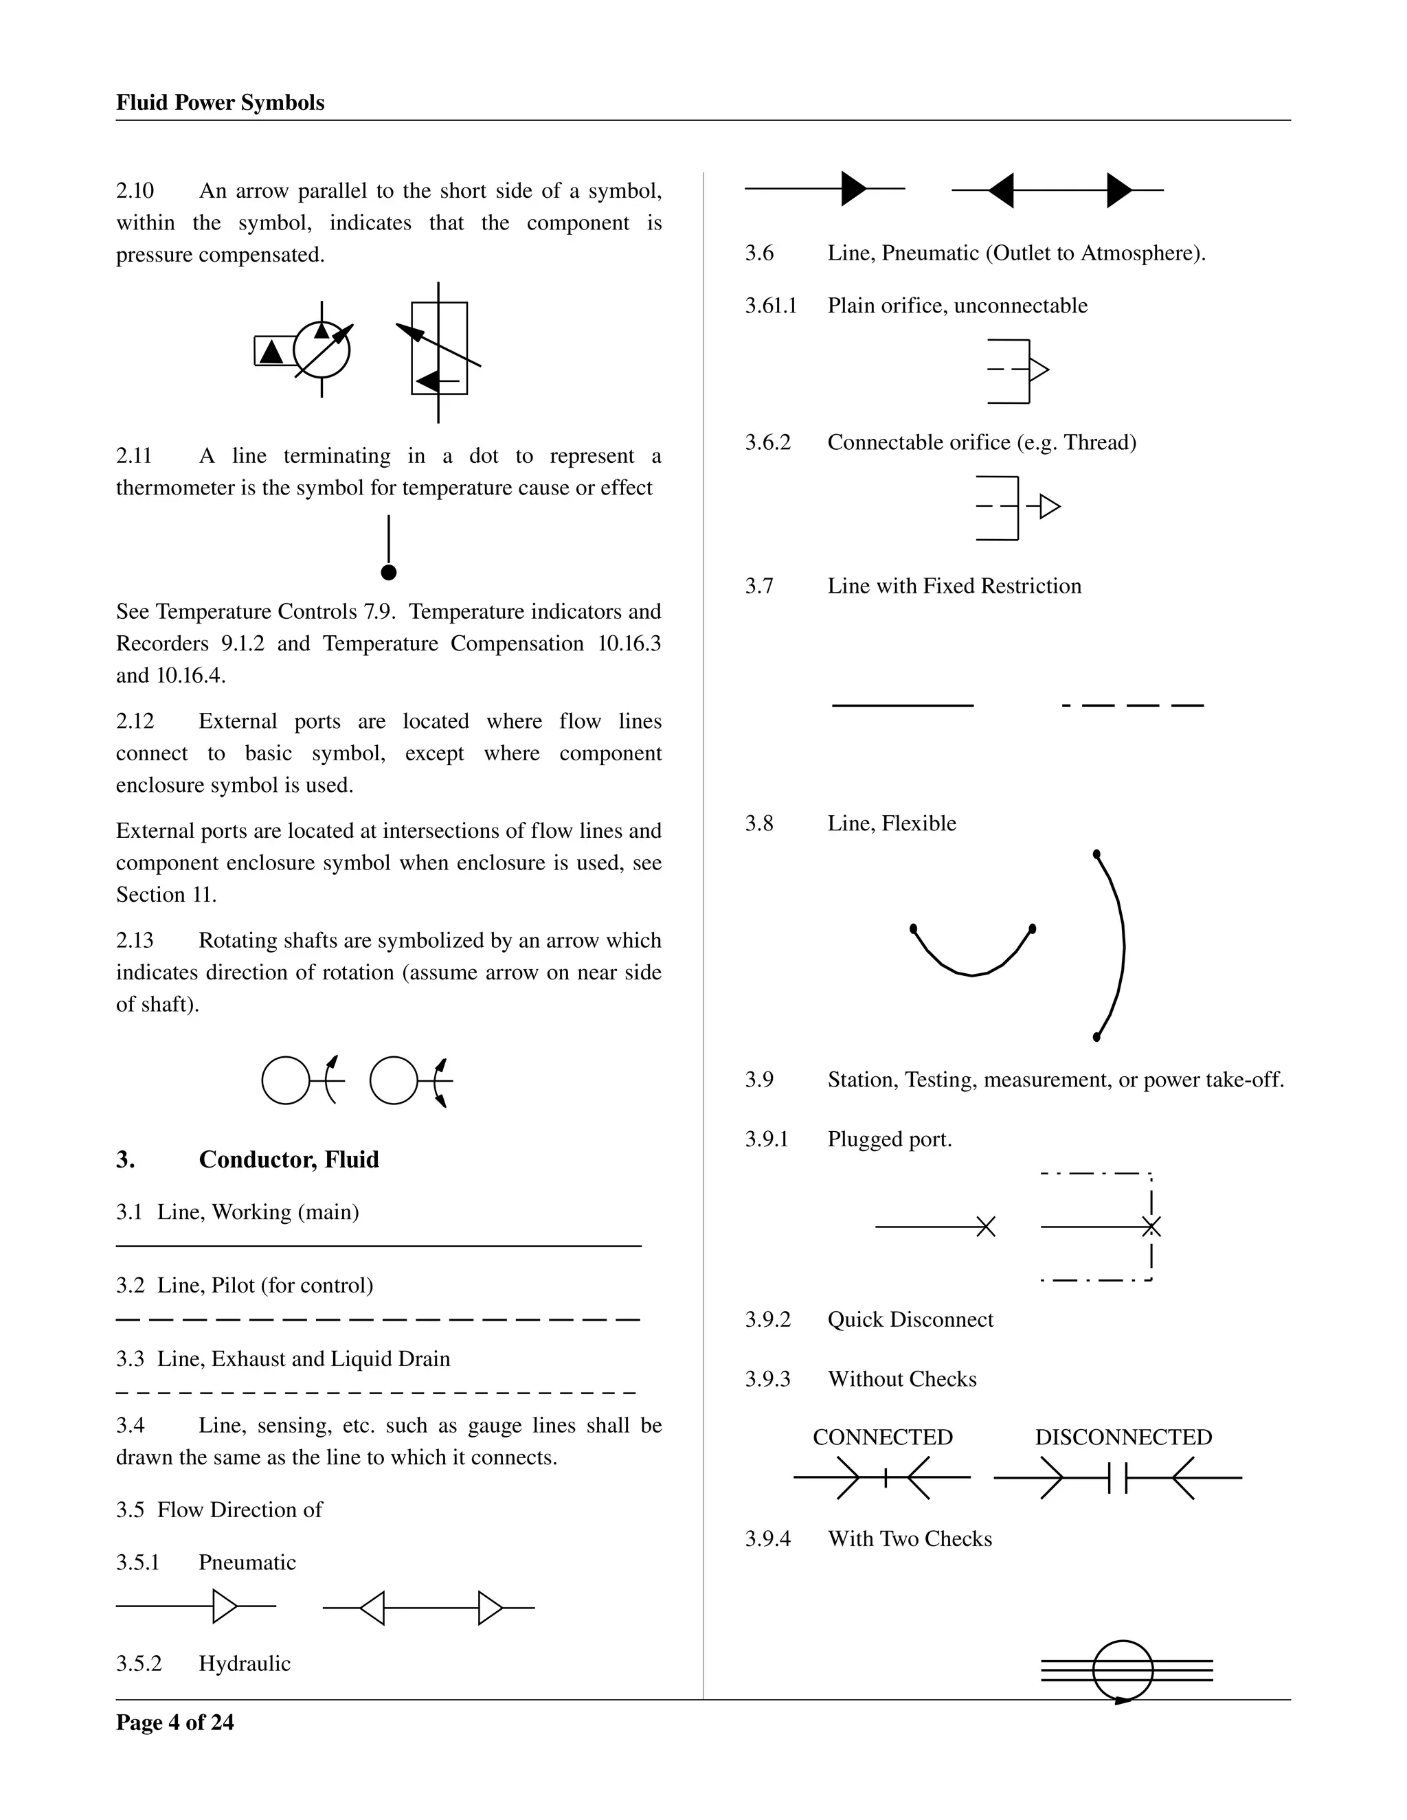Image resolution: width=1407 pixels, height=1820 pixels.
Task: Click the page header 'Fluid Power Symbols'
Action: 220,102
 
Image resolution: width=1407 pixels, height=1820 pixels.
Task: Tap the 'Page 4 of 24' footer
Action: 175,1722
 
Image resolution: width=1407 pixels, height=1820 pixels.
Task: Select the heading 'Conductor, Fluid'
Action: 289,1159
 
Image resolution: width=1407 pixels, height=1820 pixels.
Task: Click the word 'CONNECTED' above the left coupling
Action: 882,1437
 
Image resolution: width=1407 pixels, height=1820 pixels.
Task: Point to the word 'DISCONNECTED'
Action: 1123,1437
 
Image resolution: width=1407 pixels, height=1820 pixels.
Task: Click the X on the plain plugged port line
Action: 985,1227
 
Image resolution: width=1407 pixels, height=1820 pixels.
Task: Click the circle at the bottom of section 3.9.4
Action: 1123,1670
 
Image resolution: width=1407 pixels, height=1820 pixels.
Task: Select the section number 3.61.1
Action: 771,306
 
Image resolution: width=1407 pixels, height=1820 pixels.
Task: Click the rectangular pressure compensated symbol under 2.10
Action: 439,348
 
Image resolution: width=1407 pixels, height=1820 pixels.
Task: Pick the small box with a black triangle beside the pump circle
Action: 273,351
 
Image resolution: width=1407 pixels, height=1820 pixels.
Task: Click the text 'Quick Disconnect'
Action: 910,1319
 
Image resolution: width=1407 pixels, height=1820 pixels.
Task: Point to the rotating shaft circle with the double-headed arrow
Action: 394,1081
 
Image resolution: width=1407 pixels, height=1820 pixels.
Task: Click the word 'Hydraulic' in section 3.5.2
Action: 244,1663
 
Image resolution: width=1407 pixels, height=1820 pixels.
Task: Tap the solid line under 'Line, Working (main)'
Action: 379,1246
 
